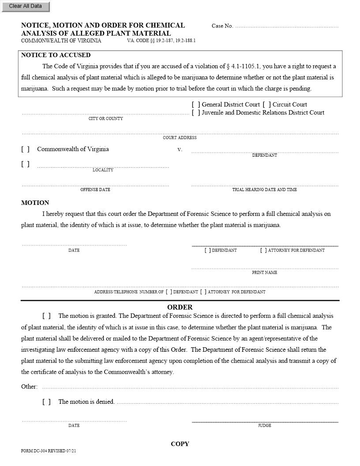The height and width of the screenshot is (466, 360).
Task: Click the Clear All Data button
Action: pyautogui.click(x=25, y=6)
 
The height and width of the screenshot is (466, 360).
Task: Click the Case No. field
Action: pyautogui.click(x=287, y=26)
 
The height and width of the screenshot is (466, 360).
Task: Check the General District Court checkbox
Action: pyautogui.click(x=196, y=105)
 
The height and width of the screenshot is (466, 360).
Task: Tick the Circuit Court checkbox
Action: pyautogui.click(x=266, y=105)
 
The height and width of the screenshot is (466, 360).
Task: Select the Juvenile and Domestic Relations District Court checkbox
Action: pyautogui.click(x=196, y=113)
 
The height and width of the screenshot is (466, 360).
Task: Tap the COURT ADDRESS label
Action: pyautogui.click(x=180, y=138)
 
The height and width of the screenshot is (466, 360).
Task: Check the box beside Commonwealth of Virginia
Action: pyautogui.click(x=25, y=149)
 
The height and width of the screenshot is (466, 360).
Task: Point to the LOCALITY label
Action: pyautogui.click(x=103, y=170)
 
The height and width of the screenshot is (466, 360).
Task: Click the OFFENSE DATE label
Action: pyautogui.click(x=95, y=190)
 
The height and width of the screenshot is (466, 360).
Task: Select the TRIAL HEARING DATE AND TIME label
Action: pyautogui.click(x=264, y=190)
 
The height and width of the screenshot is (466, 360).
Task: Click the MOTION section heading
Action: pyautogui.click(x=35, y=203)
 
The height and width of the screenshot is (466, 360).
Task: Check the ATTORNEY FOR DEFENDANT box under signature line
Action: pyautogui.click(x=263, y=250)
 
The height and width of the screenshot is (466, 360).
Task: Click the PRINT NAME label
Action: pyautogui.click(x=264, y=273)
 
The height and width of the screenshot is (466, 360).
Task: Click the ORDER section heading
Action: pyautogui.click(x=180, y=307)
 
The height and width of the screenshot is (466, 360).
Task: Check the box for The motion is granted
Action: pyautogui.click(x=46, y=316)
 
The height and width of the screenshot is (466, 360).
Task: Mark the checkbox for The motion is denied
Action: pyautogui.click(x=46, y=402)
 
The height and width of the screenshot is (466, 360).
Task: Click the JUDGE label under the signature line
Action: pyautogui.click(x=264, y=426)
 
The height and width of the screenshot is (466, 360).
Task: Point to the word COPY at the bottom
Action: pyautogui.click(x=180, y=444)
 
